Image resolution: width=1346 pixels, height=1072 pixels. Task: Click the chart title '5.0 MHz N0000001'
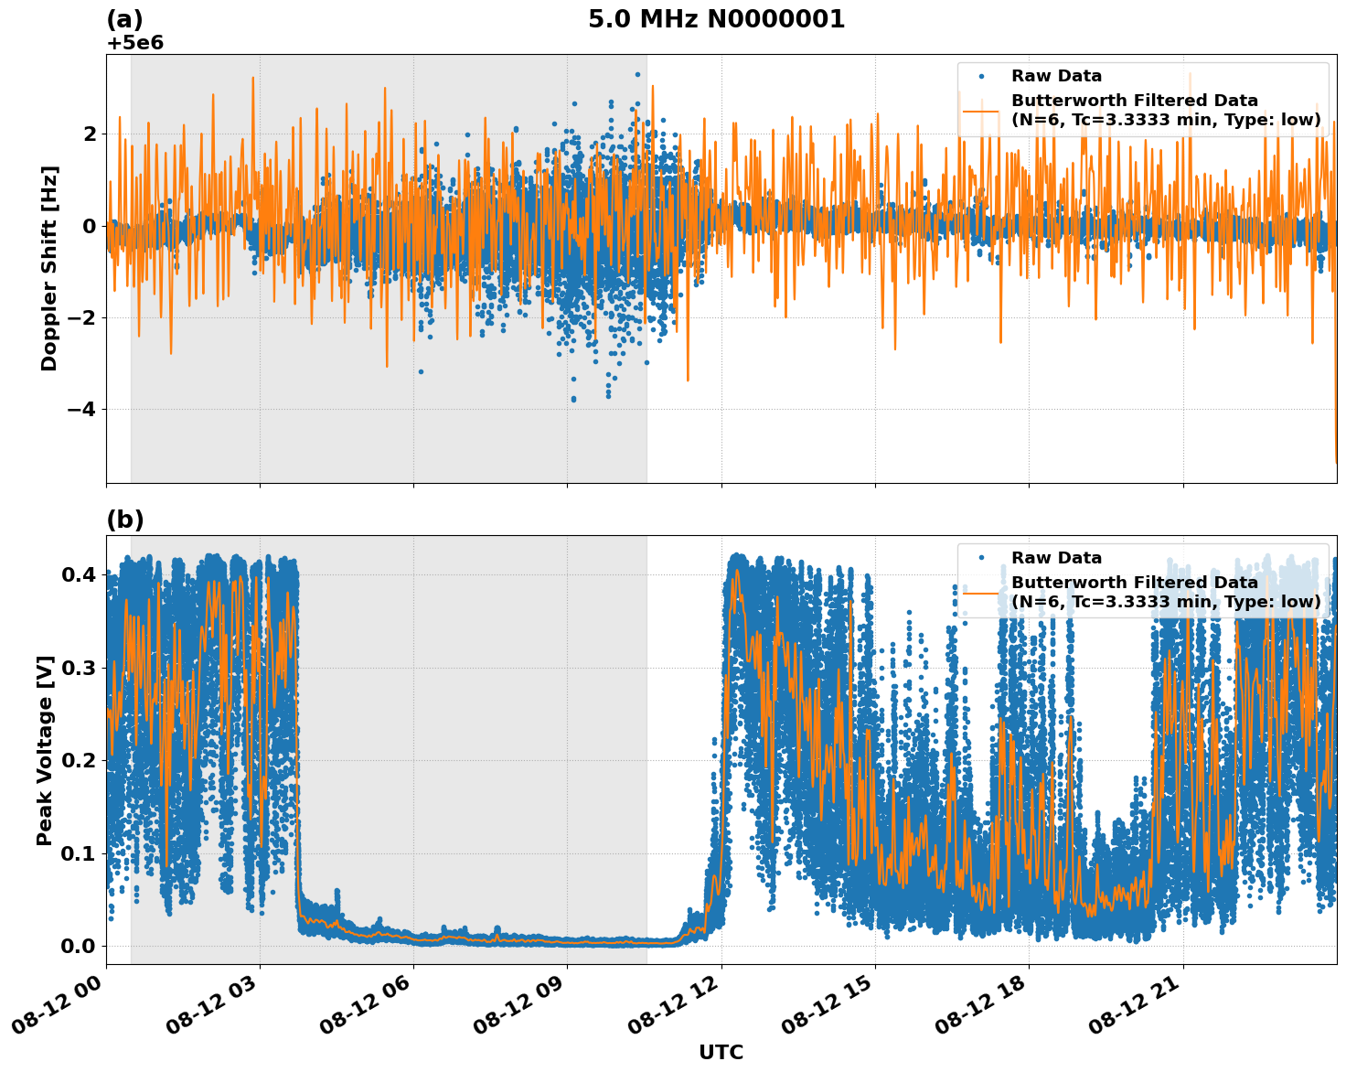pyautogui.click(x=716, y=19)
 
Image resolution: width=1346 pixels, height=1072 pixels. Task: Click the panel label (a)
pyautogui.click(x=124, y=19)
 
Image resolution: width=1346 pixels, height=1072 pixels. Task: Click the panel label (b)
pyautogui.click(x=124, y=520)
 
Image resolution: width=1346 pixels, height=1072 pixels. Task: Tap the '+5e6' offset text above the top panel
pyautogui.click(x=134, y=43)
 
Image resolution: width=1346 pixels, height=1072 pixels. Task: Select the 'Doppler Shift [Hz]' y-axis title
pyautogui.click(x=49, y=268)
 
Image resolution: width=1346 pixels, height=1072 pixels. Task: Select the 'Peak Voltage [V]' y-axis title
pyautogui.click(x=45, y=750)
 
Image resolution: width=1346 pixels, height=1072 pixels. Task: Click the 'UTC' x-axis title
pyautogui.click(x=721, y=1052)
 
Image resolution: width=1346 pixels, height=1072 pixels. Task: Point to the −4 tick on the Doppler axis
pyautogui.click(x=81, y=409)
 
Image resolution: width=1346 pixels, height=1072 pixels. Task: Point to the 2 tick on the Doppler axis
pyautogui.click(x=90, y=134)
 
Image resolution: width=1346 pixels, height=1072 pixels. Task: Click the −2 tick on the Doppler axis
pyautogui.click(x=81, y=317)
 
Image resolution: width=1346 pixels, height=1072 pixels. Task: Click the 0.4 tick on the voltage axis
pyautogui.click(x=79, y=574)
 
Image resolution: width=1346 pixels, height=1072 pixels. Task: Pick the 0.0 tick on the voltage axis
pyautogui.click(x=79, y=946)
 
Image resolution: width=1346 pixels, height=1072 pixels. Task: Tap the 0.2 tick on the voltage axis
pyautogui.click(x=79, y=760)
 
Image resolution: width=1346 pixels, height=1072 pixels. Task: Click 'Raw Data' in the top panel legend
pyautogui.click(x=1056, y=76)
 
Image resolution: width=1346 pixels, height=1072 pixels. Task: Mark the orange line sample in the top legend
pyautogui.click(x=982, y=110)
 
